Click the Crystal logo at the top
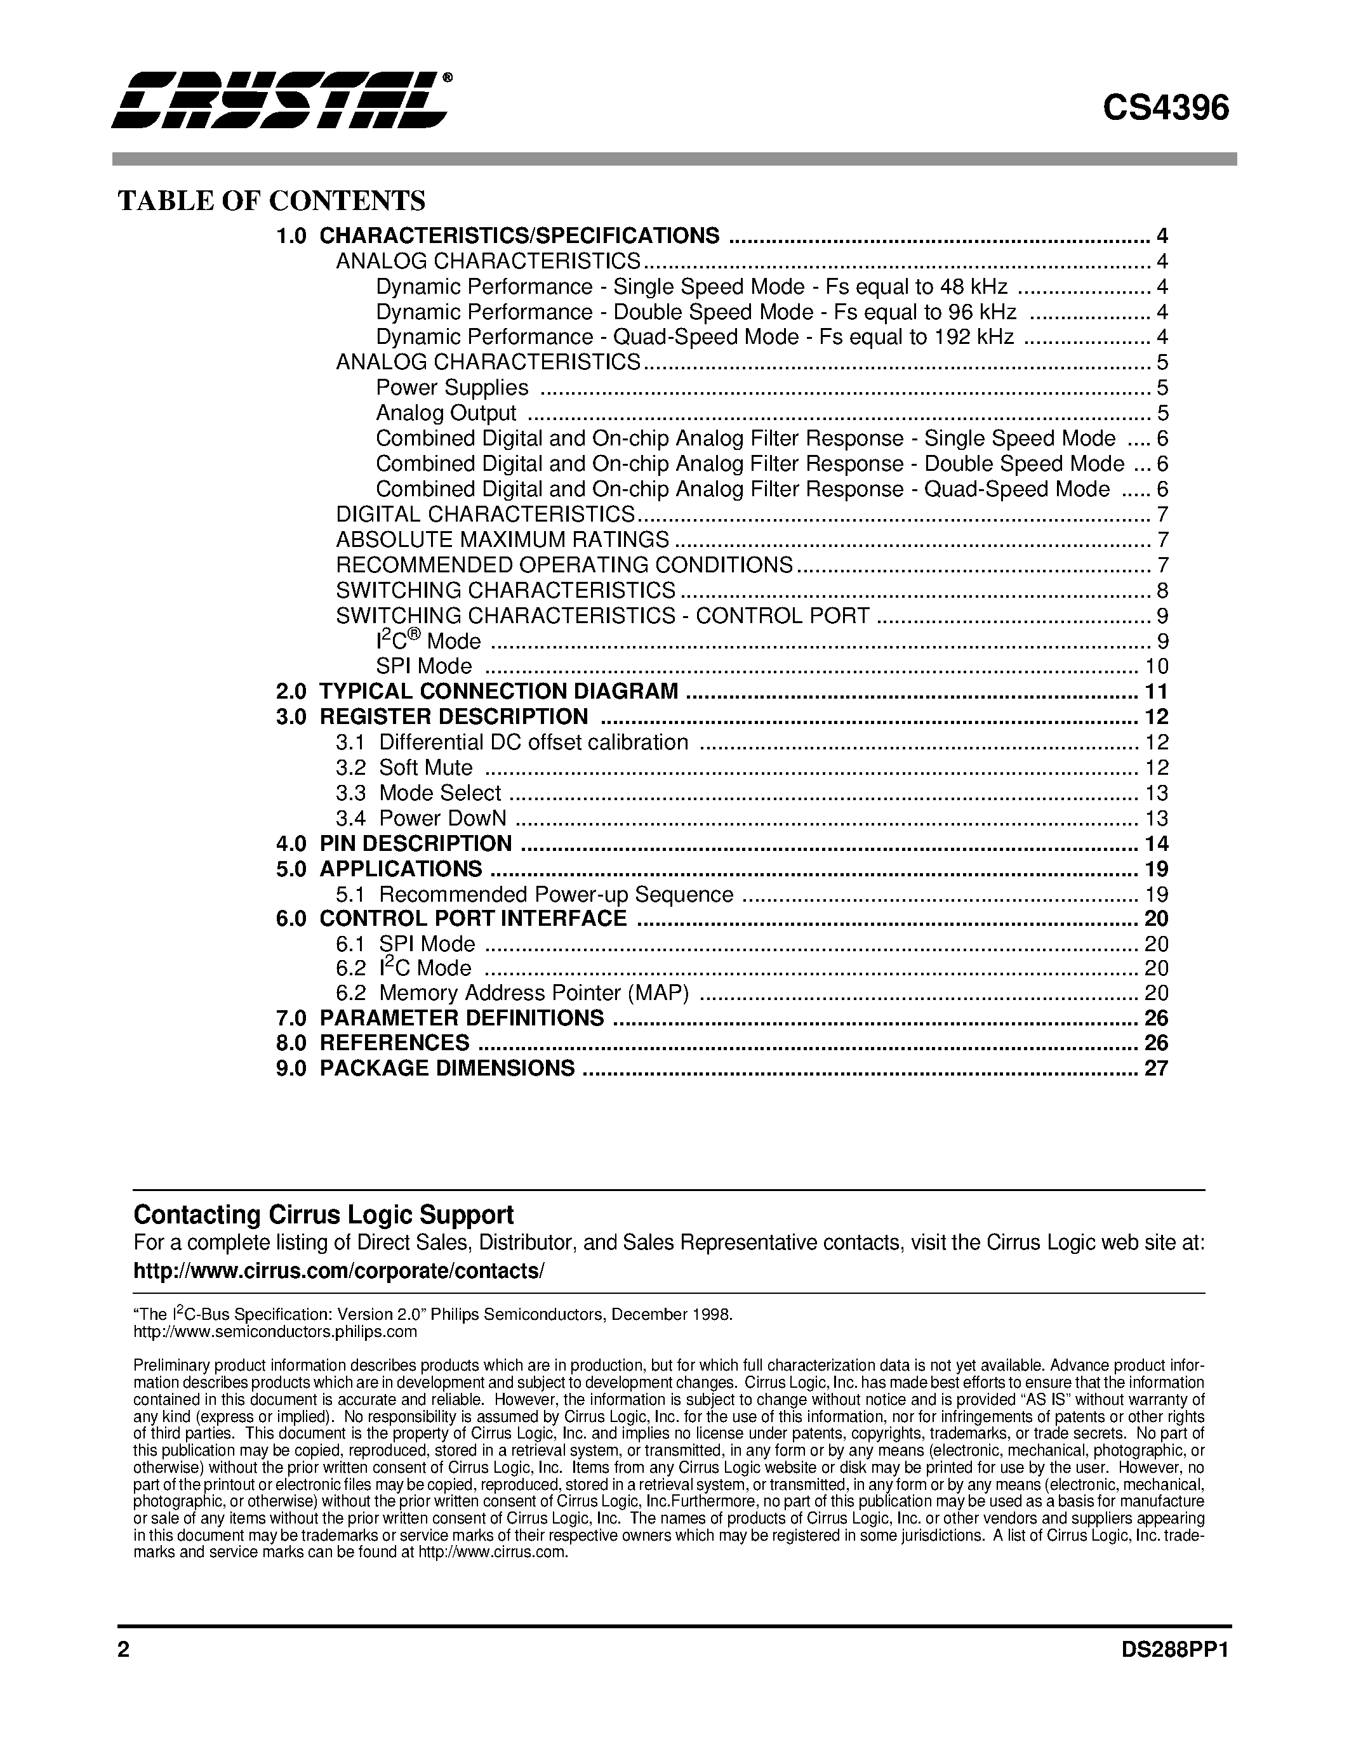(x=280, y=100)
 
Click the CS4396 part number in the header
(x=1165, y=109)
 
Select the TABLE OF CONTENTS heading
(x=272, y=201)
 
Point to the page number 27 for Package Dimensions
(x=1155, y=1068)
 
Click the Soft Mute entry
(x=425, y=768)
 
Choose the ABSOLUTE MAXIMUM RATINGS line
(x=502, y=539)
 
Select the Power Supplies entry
(x=451, y=388)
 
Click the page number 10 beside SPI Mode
(x=1155, y=666)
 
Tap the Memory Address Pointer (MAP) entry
(x=533, y=993)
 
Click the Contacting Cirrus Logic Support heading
(x=323, y=1215)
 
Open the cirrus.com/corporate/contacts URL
(x=338, y=1271)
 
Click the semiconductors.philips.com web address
(x=275, y=1332)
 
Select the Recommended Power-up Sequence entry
(x=555, y=895)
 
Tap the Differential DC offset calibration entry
(x=533, y=742)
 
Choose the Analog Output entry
(x=446, y=413)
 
